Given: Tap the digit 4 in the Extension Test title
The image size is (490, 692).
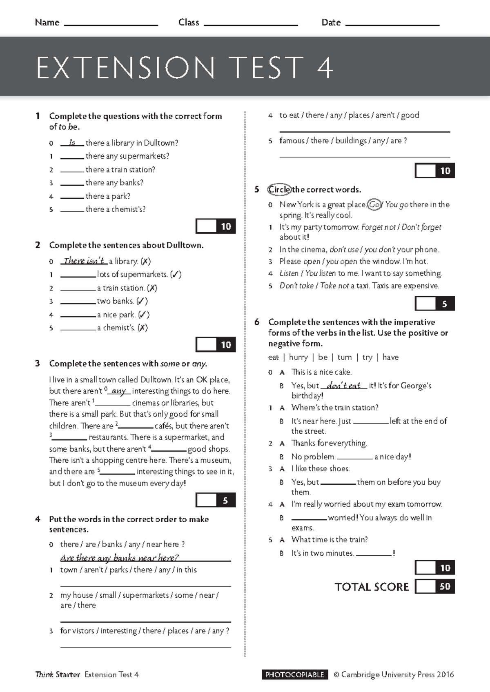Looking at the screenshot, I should point(325,68).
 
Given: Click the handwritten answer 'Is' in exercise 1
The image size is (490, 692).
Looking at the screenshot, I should point(72,142).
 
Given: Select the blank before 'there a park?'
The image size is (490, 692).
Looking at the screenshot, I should point(72,197).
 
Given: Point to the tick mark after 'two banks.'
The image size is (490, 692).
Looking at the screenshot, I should point(142,301).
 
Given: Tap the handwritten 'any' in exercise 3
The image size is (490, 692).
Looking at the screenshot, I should point(118,391).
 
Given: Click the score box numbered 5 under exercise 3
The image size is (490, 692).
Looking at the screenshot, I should point(225,500).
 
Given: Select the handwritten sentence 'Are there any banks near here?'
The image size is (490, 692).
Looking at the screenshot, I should point(119,557).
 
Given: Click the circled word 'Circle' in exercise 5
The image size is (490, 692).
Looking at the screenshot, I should point(279,189).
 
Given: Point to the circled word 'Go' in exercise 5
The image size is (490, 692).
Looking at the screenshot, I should point(374,204).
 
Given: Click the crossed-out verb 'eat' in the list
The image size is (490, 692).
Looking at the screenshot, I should point(273,357).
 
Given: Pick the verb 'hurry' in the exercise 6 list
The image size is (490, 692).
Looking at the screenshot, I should point(298,357).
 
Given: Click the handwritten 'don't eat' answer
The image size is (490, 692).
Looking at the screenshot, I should point(343,385).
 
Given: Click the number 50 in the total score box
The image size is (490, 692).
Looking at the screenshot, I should point(445,587).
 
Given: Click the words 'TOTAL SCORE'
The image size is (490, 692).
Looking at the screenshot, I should point(372,587).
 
